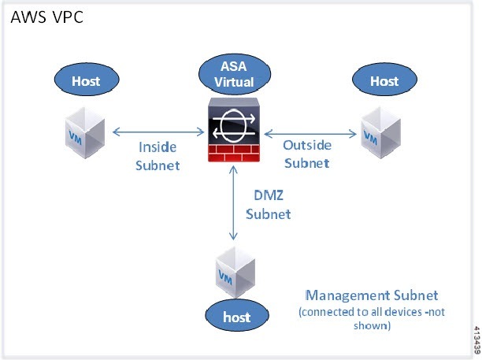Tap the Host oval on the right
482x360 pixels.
pos(384,80)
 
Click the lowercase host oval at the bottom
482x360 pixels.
pos(237,317)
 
